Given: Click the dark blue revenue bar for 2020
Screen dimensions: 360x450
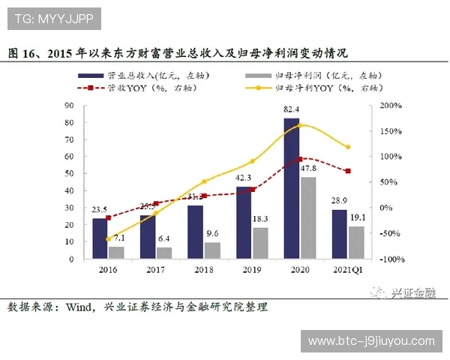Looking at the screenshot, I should click(291, 189).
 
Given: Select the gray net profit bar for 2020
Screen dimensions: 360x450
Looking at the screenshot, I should click(307, 218).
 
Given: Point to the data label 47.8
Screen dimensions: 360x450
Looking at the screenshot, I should click(308, 169).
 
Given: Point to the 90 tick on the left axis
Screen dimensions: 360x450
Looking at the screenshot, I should click(69, 106).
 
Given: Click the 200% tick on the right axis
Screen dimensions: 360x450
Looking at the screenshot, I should click(389, 106).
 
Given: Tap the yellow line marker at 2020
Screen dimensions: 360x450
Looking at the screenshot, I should click(300, 125).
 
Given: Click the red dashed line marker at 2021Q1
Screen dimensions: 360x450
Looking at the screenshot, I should click(348, 171).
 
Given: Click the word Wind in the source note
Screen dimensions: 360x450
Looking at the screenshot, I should click(78, 307).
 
